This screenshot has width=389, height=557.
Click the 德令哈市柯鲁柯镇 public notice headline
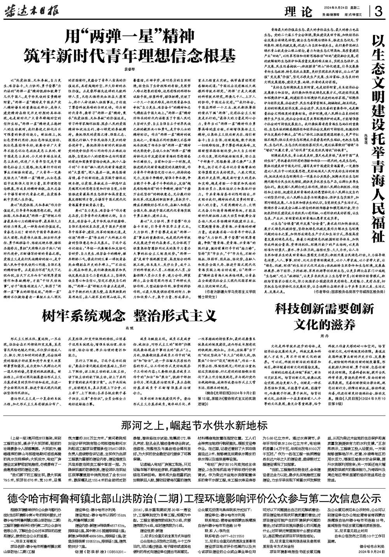[194, 497]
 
